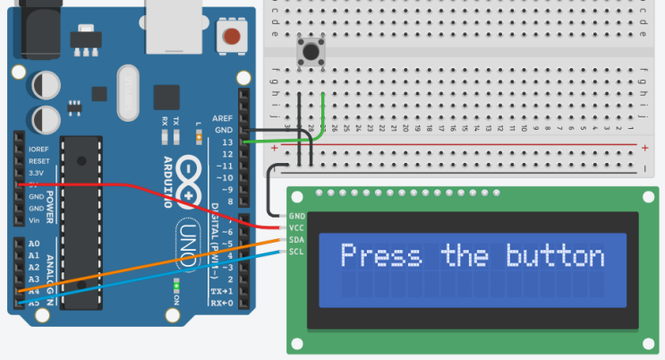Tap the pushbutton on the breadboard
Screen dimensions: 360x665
pos(311,51)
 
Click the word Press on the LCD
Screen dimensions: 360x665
pos(380,256)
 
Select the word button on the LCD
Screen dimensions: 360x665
pos(556,256)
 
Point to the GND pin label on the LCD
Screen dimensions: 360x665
pos(297,217)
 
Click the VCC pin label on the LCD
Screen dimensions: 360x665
pos(297,228)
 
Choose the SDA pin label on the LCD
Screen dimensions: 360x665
pos(297,240)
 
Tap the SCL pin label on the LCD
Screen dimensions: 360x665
pos(297,252)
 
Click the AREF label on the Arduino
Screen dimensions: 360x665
pos(222,118)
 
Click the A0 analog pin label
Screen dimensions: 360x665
pos(34,244)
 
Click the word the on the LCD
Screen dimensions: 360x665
pos(465,256)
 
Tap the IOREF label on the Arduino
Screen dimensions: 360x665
pos(38,150)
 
